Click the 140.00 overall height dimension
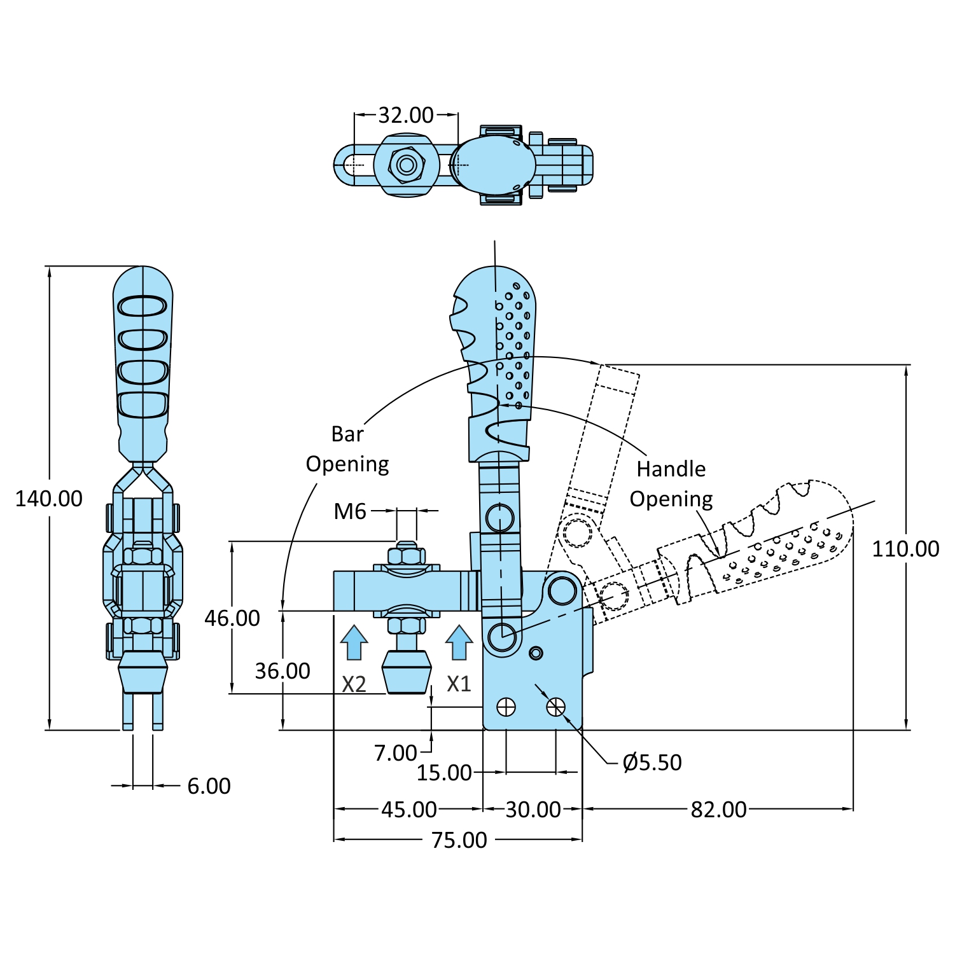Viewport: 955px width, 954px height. click(49, 499)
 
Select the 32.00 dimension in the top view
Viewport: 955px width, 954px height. click(405, 115)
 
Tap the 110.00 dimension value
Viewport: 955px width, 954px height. click(905, 549)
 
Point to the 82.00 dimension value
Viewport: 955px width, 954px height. click(718, 810)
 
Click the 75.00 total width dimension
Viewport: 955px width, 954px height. click(459, 840)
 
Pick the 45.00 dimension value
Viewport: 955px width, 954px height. click(408, 810)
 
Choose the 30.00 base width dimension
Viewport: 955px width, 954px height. click(533, 810)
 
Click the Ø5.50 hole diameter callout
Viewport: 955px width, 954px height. click(652, 762)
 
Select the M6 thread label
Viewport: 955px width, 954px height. click(350, 511)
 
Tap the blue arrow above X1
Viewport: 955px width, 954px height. click(459, 642)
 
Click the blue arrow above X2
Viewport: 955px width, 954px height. click(354, 642)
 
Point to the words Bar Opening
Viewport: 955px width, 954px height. click(347, 449)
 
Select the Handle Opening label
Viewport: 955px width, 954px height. click(671, 484)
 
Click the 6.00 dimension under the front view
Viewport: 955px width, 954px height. click(209, 786)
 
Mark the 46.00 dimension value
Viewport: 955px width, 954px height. click(232, 618)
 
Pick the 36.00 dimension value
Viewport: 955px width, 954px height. click(282, 671)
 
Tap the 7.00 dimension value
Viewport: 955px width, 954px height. click(395, 753)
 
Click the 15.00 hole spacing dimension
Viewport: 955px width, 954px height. click(444, 773)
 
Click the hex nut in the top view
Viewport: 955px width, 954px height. click(407, 165)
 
